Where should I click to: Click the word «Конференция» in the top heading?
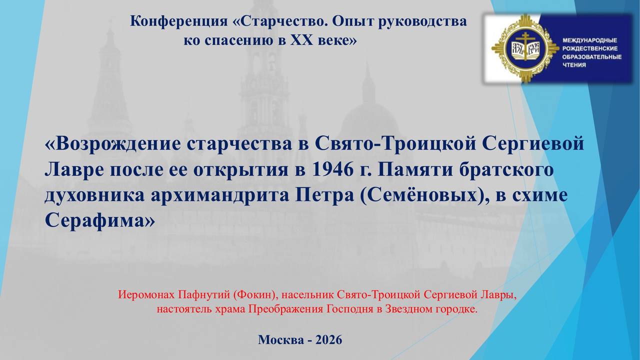coord(179,21)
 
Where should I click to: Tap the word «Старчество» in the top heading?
coord(281,21)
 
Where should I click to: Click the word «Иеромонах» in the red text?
coord(146,294)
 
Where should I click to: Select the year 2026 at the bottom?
coord(329,339)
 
